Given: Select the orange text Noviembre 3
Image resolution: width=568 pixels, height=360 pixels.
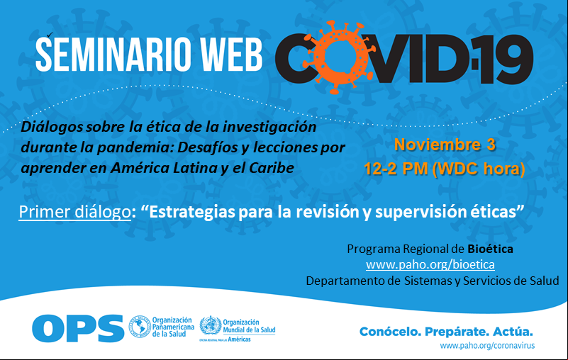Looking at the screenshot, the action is pyautogui.click(x=445, y=145).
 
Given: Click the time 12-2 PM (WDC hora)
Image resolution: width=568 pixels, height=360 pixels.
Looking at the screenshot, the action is pyautogui.click(x=445, y=169).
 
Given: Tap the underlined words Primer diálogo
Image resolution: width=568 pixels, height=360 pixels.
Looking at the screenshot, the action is pyautogui.click(x=74, y=212).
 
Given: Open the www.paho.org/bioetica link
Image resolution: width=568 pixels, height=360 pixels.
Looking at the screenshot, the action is pyautogui.click(x=430, y=265).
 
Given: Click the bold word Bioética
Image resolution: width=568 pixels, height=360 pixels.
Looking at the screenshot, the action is pyautogui.click(x=490, y=249).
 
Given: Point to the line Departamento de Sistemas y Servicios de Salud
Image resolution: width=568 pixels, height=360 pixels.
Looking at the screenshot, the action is pyautogui.click(x=433, y=281).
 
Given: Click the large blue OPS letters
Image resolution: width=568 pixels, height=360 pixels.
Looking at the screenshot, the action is pyautogui.click(x=78, y=328).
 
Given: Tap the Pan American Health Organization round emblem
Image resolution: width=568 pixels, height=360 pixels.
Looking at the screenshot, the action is pyautogui.click(x=140, y=326).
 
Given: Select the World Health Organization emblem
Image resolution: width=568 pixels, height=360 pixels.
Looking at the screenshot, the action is pyautogui.click(x=211, y=325).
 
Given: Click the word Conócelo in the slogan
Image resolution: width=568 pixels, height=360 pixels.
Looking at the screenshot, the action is pyautogui.click(x=390, y=332).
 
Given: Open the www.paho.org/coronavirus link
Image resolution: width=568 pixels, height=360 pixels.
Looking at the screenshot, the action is pyautogui.click(x=487, y=346).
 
